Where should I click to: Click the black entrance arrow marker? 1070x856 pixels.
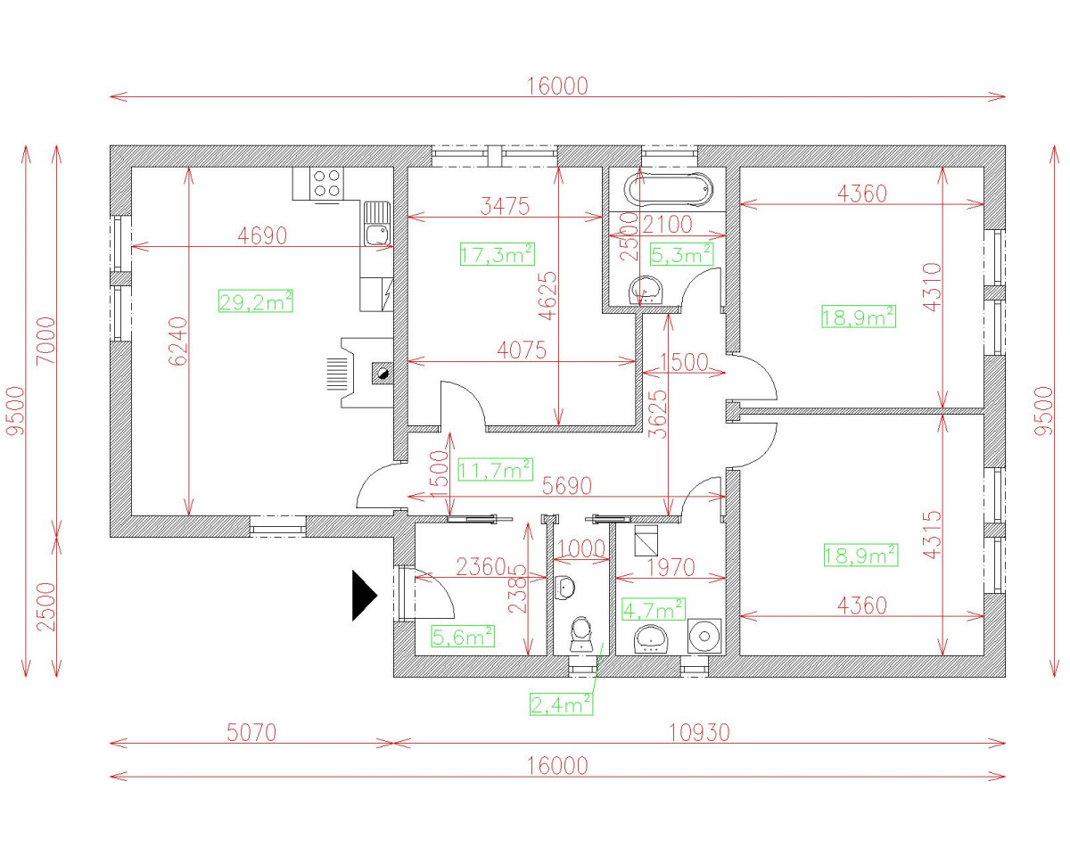point(364,595)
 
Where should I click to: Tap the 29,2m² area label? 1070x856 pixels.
point(256,300)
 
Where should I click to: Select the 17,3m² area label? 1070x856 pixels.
point(497,253)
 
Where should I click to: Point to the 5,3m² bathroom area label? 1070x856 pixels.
point(682,253)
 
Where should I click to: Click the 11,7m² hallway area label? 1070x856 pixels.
point(495,470)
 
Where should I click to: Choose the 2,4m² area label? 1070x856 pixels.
point(562,704)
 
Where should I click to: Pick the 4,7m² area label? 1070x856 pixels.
point(654,609)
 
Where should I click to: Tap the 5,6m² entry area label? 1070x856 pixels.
point(463,636)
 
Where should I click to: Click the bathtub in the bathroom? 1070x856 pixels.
point(670,189)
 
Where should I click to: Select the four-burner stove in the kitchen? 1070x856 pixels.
point(326,183)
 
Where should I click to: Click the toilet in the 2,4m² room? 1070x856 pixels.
point(580,634)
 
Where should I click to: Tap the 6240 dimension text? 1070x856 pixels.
point(178,342)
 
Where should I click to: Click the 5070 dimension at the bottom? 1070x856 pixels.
point(251,732)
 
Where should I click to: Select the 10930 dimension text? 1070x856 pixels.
point(699,732)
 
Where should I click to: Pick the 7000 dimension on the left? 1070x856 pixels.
point(46,341)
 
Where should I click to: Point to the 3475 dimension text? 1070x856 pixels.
point(506,206)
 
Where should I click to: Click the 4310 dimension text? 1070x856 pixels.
point(933,287)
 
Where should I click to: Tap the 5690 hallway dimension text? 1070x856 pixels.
point(567,486)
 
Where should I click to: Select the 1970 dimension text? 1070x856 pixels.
point(671,567)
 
